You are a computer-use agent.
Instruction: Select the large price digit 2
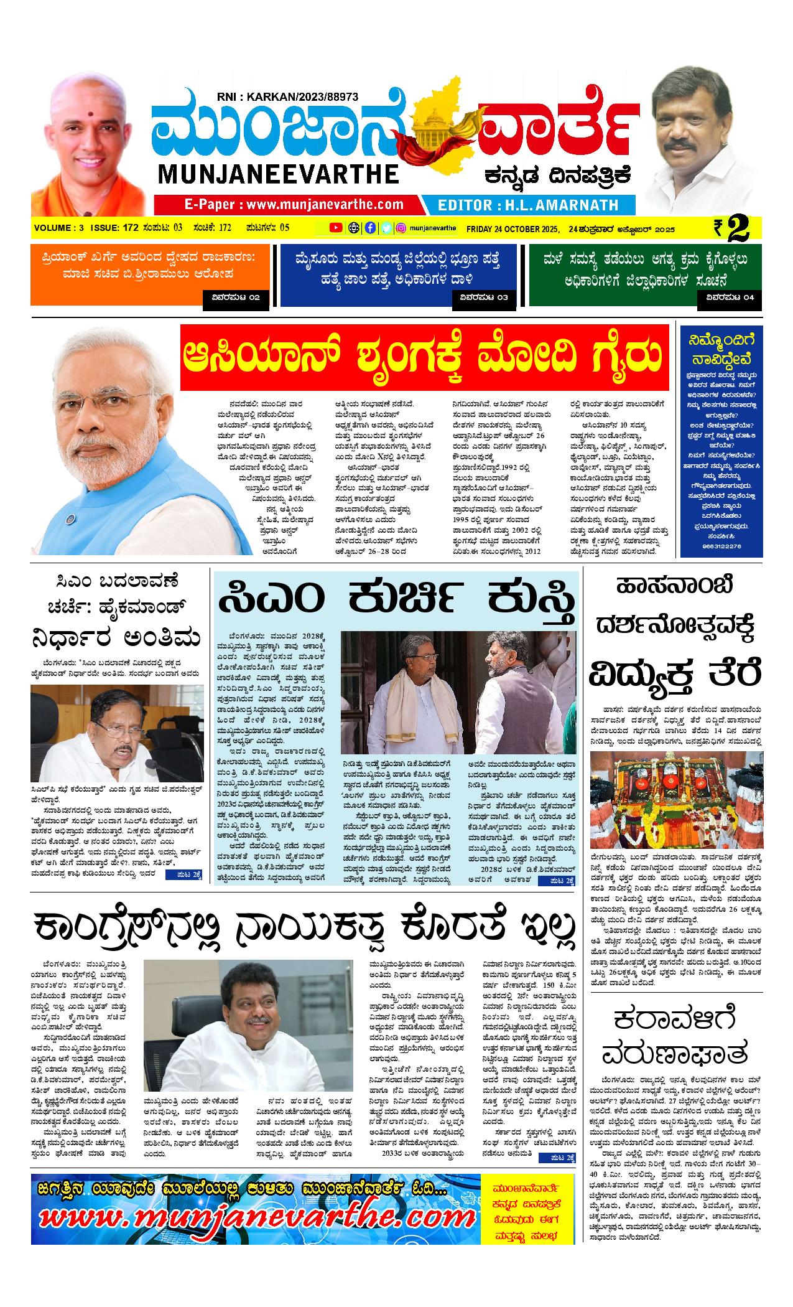pyautogui.click(x=738, y=228)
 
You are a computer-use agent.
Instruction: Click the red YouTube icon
pyautogui.click(x=336, y=228)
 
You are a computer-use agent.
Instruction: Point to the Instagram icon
pyautogui.click(x=402, y=228)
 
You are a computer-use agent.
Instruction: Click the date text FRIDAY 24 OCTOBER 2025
pyautogui.click(x=513, y=228)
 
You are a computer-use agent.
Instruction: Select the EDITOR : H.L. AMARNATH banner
pyautogui.click(x=528, y=205)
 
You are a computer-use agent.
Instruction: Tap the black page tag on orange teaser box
pyautogui.click(x=236, y=297)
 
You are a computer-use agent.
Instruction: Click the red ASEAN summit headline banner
pyautogui.click(x=425, y=358)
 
